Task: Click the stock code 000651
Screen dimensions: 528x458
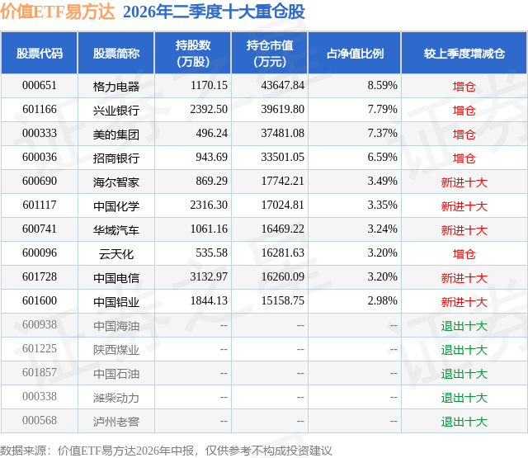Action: tap(40, 86)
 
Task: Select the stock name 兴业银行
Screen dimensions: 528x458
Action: tap(116, 110)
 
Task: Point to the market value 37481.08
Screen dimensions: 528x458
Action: tap(282, 134)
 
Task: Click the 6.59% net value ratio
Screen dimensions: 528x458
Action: tap(383, 158)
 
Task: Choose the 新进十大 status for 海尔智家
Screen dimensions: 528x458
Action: tap(464, 182)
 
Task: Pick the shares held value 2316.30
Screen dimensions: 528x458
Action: tap(209, 205)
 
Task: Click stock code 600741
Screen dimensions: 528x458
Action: tap(40, 229)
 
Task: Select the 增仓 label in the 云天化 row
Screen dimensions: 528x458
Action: tap(464, 254)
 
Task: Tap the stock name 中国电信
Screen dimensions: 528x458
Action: tap(116, 278)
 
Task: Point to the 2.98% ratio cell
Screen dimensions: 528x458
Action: tap(383, 300)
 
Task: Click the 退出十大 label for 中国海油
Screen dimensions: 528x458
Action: tap(464, 326)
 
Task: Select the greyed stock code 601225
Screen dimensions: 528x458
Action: tap(40, 348)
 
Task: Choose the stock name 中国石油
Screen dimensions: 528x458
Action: tap(116, 374)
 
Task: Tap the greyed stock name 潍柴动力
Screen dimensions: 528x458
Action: tap(116, 398)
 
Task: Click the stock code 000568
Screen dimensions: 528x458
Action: tap(40, 420)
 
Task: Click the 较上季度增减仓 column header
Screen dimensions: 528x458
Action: tap(464, 53)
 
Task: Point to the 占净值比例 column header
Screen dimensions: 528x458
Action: tap(355, 53)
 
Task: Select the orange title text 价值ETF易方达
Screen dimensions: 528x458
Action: tap(58, 12)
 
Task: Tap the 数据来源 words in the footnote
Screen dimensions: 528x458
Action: tap(22, 451)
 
